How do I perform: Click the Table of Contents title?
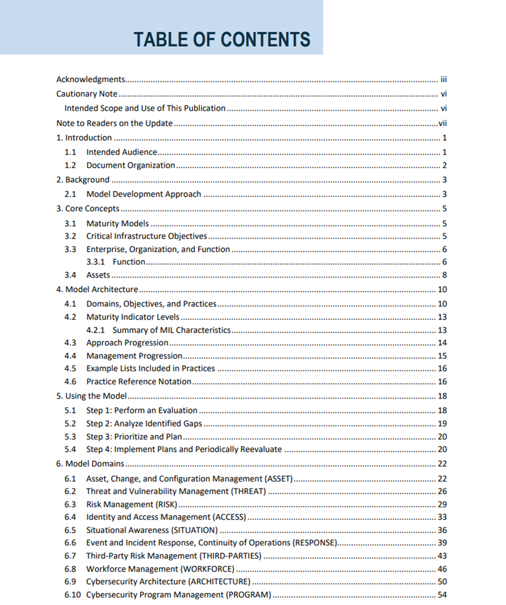(x=222, y=40)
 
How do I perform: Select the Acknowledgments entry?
(x=91, y=79)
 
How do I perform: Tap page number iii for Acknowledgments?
(x=443, y=79)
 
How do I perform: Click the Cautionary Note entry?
(x=87, y=94)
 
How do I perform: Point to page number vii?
(x=442, y=123)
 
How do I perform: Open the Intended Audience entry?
(x=122, y=152)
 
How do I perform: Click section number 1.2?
(x=70, y=165)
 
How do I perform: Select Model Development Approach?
(x=144, y=194)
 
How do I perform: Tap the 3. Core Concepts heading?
(x=88, y=208)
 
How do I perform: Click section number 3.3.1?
(x=95, y=262)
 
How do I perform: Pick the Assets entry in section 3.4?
(x=98, y=275)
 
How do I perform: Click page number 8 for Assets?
(x=444, y=275)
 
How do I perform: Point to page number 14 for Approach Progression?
(x=442, y=343)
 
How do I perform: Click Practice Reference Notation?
(x=139, y=382)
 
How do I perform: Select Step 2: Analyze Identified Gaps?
(x=144, y=423)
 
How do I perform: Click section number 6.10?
(x=72, y=595)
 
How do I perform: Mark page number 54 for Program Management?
(x=442, y=595)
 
